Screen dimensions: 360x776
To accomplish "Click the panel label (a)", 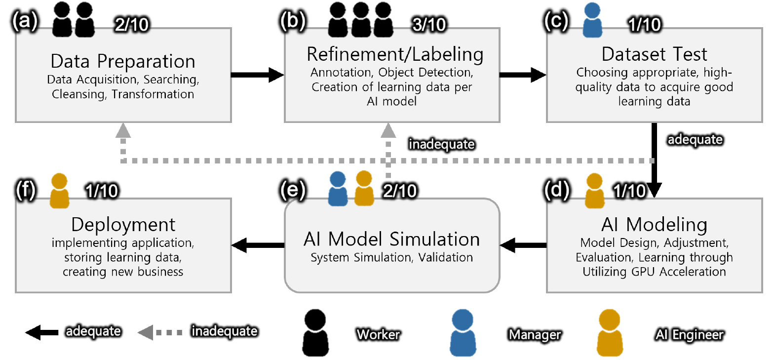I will click(25, 22).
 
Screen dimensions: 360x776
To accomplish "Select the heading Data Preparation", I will click(123, 61).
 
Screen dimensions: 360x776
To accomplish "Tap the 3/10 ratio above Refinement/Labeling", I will click(429, 24).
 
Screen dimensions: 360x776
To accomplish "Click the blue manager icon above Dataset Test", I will click(592, 20).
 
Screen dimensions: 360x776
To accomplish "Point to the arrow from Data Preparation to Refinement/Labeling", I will click(257, 75).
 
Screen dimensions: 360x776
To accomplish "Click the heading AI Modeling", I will click(654, 225).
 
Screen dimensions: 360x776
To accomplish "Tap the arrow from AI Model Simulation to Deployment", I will click(258, 245).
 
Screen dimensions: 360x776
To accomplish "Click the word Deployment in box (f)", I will click(123, 225).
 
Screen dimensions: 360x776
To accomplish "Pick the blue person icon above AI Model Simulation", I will click(338, 188).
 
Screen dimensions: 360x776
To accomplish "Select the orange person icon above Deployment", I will click(59, 191).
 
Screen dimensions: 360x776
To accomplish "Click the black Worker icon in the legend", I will click(315, 332).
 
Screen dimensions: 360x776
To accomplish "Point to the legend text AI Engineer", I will click(689, 335).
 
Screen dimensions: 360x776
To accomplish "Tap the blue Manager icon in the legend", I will click(463, 332).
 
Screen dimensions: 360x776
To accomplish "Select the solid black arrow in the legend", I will click(42, 332).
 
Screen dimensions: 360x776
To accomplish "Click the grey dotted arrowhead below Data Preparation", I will click(123, 131).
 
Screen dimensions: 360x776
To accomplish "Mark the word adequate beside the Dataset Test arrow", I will click(695, 140).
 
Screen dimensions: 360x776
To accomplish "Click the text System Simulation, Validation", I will click(391, 257).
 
